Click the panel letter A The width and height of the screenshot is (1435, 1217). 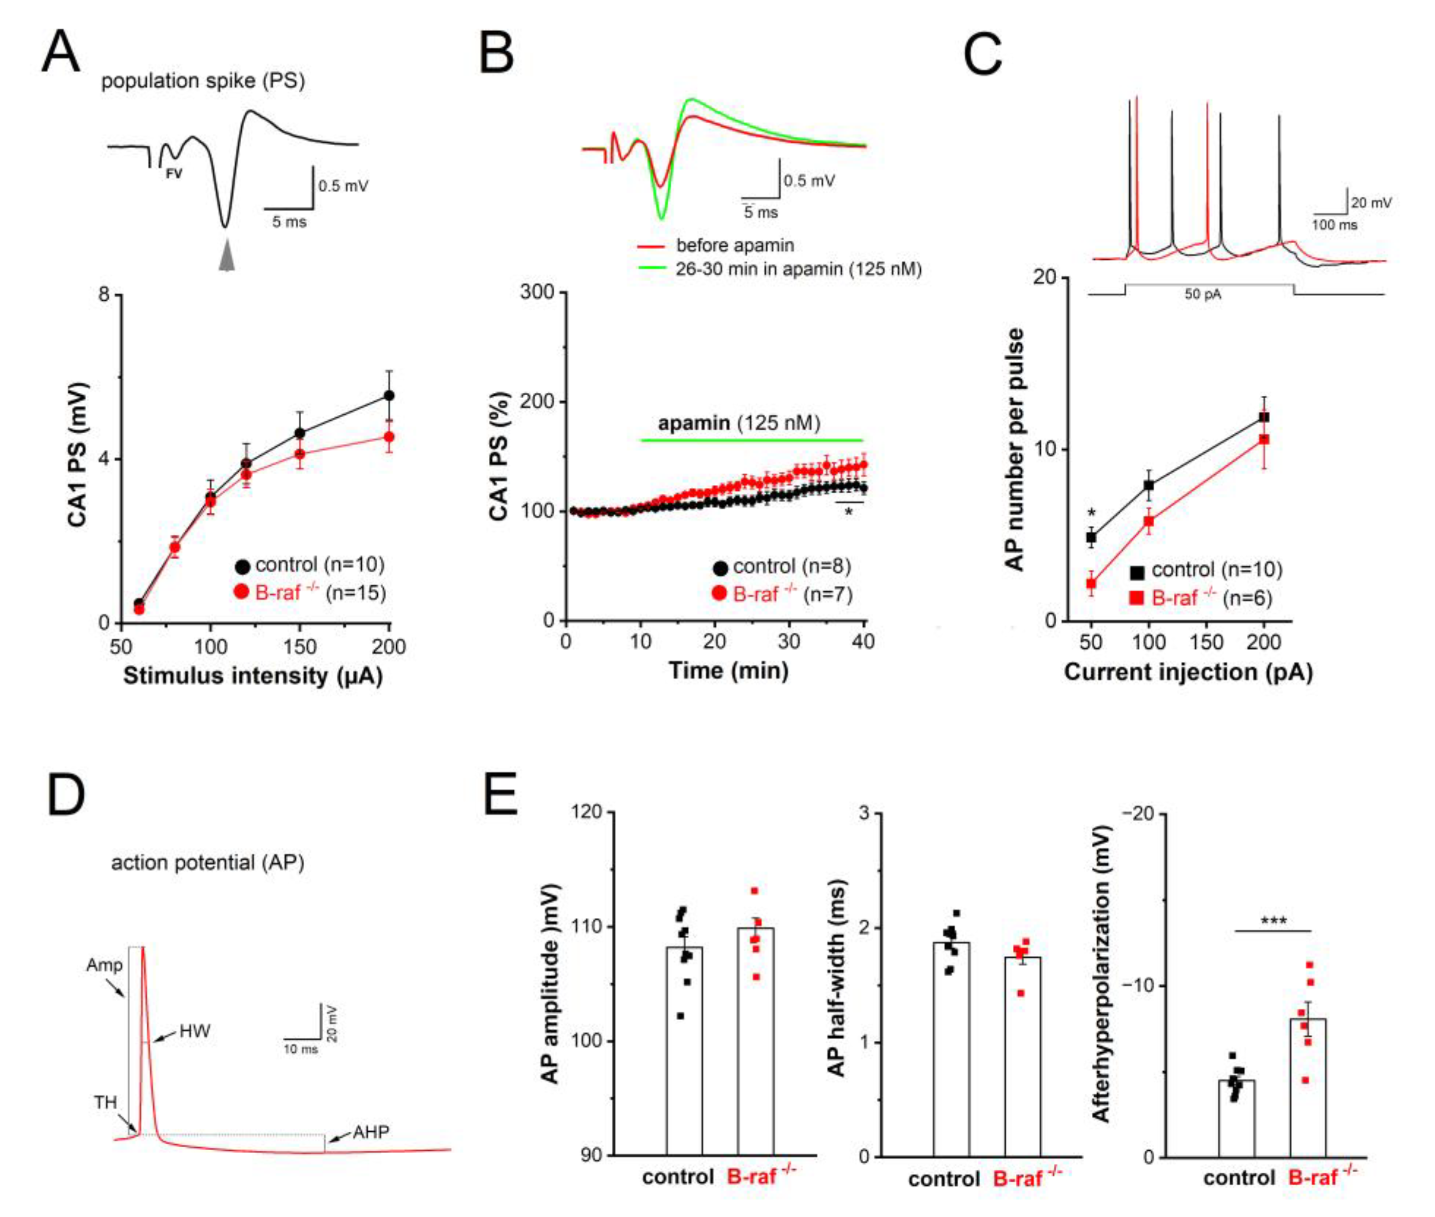(x=61, y=53)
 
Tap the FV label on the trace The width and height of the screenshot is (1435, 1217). (x=174, y=174)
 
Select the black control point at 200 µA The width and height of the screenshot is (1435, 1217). (x=389, y=395)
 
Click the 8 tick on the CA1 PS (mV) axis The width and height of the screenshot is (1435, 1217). (x=104, y=294)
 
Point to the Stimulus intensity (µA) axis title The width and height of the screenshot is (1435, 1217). (x=252, y=676)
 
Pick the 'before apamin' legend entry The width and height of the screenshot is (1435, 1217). (x=734, y=245)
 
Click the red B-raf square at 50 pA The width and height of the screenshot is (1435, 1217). (x=1091, y=584)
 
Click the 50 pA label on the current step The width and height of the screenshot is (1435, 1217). (x=1202, y=294)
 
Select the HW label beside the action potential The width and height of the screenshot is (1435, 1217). (x=194, y=1031)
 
